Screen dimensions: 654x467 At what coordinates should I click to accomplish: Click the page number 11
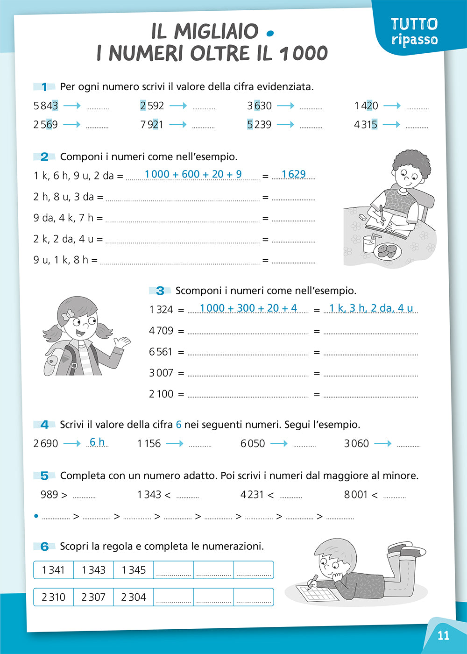coord(443,635)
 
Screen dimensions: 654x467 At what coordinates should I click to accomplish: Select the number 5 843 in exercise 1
coord(45,106)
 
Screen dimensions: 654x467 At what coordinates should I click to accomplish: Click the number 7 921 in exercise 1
coord(152,125)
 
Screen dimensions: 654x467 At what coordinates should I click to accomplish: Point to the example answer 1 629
coord(293,174)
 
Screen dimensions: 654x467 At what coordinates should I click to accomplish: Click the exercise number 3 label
coord(160,291)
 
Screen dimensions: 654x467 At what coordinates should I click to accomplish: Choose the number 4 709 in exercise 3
coord(161,331)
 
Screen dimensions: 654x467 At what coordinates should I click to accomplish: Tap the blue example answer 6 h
coord(97,442)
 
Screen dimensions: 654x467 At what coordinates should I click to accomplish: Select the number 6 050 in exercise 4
coord(253,443)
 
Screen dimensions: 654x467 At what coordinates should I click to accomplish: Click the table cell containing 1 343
coord(93,570)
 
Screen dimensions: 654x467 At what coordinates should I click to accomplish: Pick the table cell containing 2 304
coord(134,597)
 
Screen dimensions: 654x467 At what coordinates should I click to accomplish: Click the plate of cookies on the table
coord(388,252)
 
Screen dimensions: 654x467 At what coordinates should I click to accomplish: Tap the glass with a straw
coord(369,244)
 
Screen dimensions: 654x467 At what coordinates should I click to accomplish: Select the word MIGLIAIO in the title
coord(216,32)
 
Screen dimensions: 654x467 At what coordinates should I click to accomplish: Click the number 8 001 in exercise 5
coord(356,494)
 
